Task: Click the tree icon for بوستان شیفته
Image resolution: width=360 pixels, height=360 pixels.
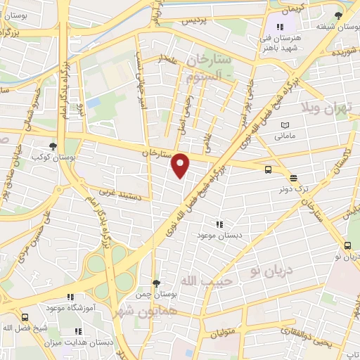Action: point(340,15)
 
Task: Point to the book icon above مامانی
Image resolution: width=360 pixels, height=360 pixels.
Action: point(285,124)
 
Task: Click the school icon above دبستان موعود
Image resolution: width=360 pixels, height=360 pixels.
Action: point(220,224)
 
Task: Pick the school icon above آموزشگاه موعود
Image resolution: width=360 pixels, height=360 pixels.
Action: point(69,297)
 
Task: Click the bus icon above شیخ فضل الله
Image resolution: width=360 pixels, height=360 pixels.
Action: point(25,317)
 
